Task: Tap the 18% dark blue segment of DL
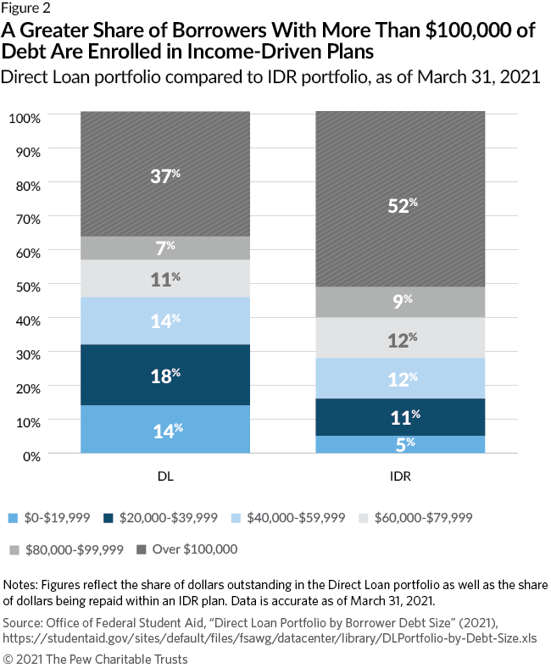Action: pos(165,375)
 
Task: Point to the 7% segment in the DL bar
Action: pos(165,248)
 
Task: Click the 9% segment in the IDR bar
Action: pos(400,302)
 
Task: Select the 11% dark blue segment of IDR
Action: pos(400,417)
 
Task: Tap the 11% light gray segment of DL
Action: pos(165,278)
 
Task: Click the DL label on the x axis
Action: pos(165,476)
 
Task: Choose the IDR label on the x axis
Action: pos(400,476)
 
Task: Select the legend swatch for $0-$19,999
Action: pos(13,517)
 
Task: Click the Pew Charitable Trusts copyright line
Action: pos(96,659)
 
